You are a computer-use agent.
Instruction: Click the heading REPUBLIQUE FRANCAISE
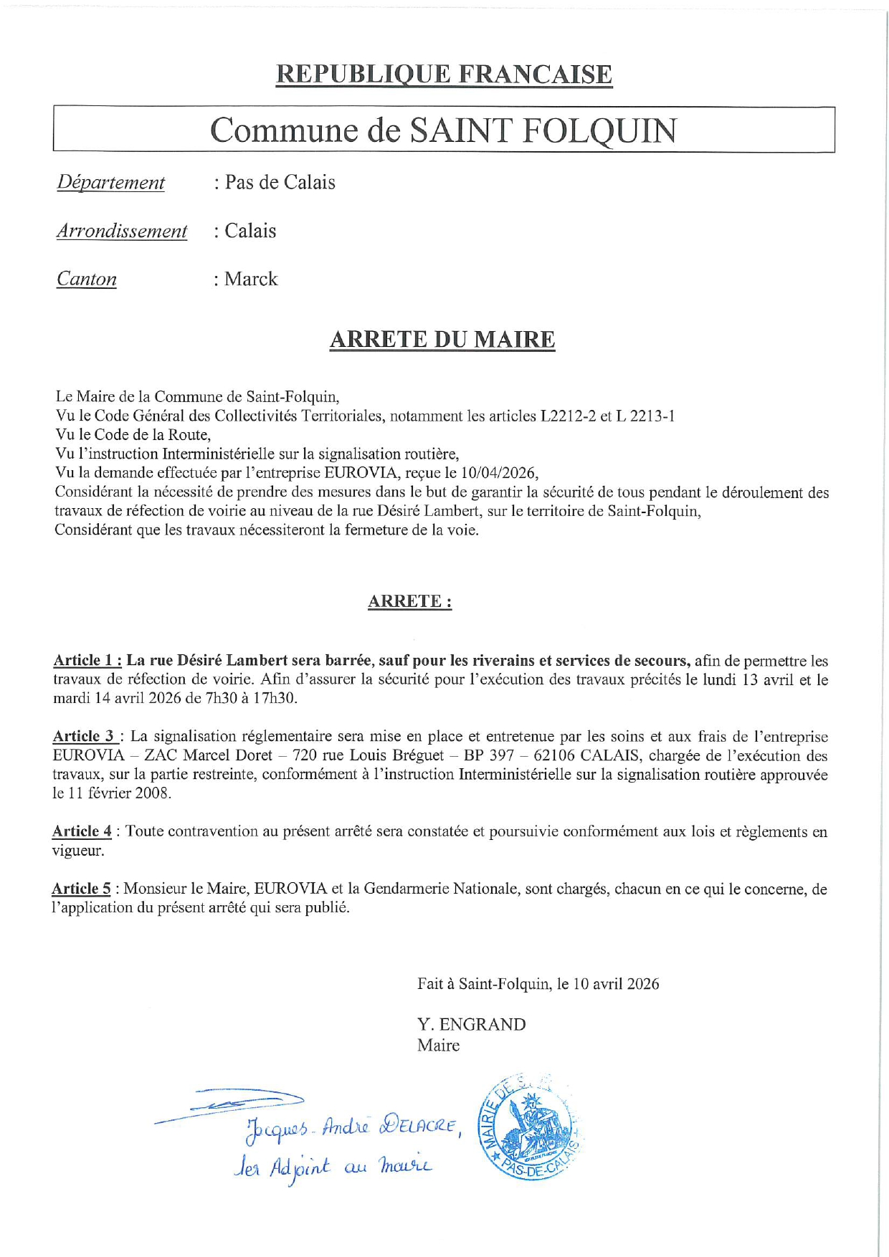pyautogui.click(x=444, y=75)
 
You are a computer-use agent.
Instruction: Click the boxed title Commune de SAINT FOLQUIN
pyautogui.click(x=443, y=130)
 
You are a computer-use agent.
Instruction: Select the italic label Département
pyautogui.click(x=111, y=183)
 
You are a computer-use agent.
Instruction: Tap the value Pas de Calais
pyautogui.click(x=280, y=183)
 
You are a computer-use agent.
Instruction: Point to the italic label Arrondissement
pyautogui.click(x=122, y=231)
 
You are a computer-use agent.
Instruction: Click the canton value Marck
pyautogui.click(x=251, y=279)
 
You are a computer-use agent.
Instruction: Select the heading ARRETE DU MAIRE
pyautogui.click(x=442, y=340)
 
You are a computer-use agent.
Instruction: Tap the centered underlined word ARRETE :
pyautogui.click(x=409, y=601)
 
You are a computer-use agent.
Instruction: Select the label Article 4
pyautogui.click(x=82, y=831)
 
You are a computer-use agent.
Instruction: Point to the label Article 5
pyautogui.click(x=81, y=889)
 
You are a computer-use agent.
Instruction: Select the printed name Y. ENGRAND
pyautogui.click(x=471, y=1025)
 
